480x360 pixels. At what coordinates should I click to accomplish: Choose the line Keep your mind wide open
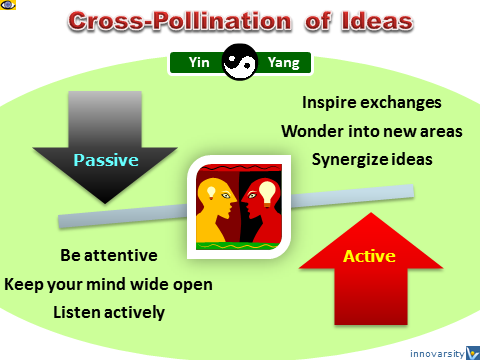108,283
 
